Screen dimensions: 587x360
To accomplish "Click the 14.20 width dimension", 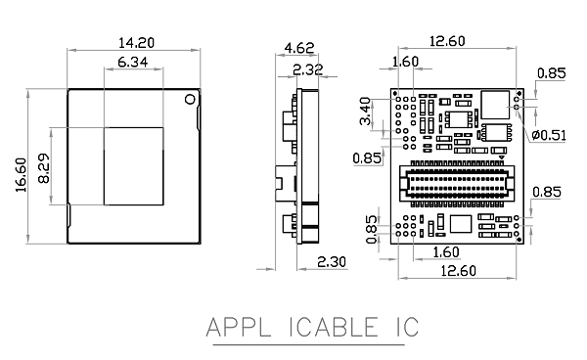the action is click(x=136, y=43).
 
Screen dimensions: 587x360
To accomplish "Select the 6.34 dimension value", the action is click(x=133, y=63).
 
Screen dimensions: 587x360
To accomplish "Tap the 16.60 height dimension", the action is click(x=22, y=175).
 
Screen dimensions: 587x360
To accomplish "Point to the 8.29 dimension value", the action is click(x=44, y=168).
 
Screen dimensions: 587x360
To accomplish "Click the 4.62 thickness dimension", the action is click(x=299, y=48).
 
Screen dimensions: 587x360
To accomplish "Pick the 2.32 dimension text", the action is click(x=308, y=69).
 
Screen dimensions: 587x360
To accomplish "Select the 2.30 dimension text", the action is click(x=332, y=261).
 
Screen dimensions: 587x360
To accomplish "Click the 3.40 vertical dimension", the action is click(x=365, y=112).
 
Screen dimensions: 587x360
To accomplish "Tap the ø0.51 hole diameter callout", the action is click(x=549, y=135).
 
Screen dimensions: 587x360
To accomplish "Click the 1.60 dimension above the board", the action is click(x=405, y=62).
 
